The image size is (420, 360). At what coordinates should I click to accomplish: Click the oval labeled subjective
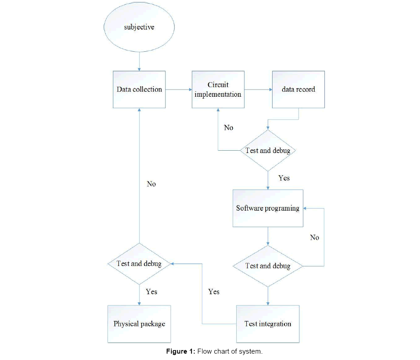tap(139, 28)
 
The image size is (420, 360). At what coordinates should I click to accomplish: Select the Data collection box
tap(139, 89)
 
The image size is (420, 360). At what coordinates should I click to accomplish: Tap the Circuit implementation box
tap(218, 89)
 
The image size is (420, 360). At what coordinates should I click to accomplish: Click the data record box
tap(298, 89)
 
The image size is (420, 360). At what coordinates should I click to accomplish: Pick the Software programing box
tap(268, 208)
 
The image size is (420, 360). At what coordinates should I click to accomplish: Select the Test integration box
tap(268, 324)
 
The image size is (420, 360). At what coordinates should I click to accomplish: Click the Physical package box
tap(139, 324)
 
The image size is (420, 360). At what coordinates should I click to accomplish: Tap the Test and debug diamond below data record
tap(268, 150)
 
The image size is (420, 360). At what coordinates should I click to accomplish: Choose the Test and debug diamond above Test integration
tap(268, 266)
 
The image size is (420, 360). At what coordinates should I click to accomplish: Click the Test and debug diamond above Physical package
tap(139, 263)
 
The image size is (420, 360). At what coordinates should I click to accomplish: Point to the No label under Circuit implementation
tap(229, 128)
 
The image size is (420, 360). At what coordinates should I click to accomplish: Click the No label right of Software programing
tap(314, 237)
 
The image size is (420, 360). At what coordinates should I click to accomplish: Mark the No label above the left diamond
tap(151, 184)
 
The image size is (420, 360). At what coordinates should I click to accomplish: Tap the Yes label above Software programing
tap(284, 178)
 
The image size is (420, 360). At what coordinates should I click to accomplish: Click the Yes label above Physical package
tap(151, 291)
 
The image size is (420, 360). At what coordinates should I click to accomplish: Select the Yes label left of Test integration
tap(214, 291)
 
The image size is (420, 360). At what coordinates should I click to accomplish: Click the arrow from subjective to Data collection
tap(139, 61)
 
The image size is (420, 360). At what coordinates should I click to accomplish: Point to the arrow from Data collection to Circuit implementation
tap(178, 89)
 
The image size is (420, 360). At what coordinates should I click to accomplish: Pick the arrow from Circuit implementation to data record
tap(258, 89)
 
